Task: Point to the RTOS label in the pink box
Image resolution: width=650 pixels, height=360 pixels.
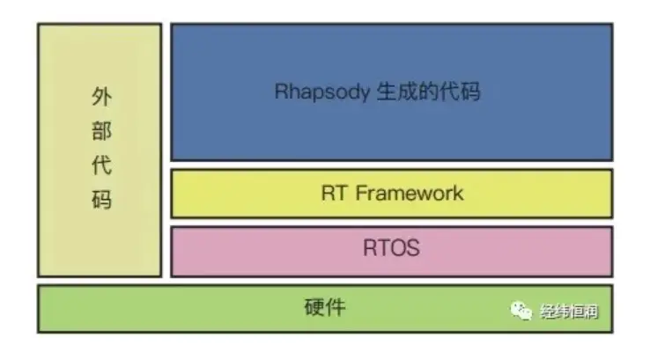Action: click(390, 249)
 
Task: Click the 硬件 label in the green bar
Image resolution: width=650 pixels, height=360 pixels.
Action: click(324, 308)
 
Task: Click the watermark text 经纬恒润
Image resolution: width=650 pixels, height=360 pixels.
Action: click(568, 311)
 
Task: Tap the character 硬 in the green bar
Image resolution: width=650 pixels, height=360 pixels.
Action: click(314, 308)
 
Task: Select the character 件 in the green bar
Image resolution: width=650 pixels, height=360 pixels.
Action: click(335, 308)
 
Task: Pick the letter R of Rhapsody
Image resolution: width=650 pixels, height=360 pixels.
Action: click(280, 92)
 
